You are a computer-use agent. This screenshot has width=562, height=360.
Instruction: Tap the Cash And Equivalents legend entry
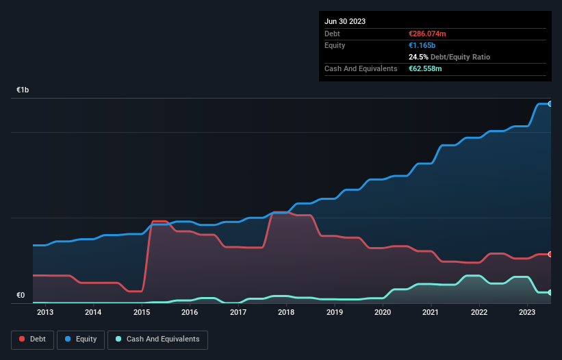(x=157, y=339)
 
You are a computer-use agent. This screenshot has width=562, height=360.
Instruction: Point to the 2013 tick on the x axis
(x=45, y=313)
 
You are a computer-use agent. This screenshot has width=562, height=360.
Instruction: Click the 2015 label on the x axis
(x=142, y=313)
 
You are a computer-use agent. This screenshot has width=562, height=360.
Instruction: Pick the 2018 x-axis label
(x=286, y=313)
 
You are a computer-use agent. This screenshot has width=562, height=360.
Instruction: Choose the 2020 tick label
(x=383, y=313)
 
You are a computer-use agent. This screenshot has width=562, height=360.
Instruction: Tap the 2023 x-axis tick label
(x=527, y=313)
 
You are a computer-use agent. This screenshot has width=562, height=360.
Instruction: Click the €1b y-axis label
(x=23, y=90)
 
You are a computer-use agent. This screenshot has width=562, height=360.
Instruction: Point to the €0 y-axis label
(x=21, y=296)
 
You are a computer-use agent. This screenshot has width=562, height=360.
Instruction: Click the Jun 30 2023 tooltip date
(x=345, y=21)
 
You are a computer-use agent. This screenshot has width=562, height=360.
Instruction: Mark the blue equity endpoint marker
(x=550, y=104)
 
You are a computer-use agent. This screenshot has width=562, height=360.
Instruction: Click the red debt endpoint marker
(x=550, y=254)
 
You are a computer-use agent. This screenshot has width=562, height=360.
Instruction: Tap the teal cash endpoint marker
(x=550, y=292)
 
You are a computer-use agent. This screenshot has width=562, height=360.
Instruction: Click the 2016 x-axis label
(x=190, y=313)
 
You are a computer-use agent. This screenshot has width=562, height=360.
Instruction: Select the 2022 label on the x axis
(x=479, y=313)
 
